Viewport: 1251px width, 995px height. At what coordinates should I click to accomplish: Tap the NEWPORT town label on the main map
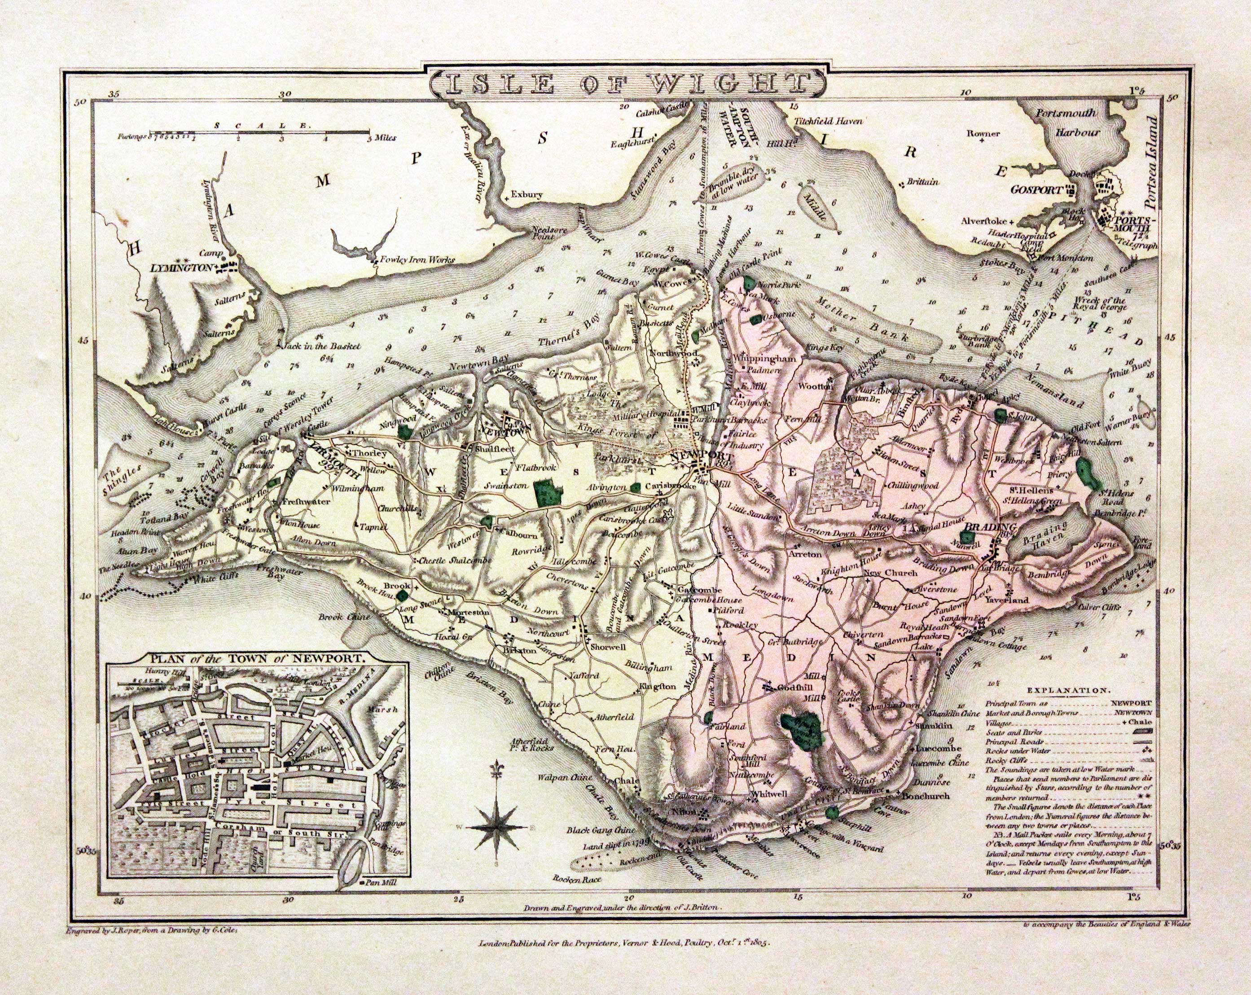pyautogui.click(x=694, y=456)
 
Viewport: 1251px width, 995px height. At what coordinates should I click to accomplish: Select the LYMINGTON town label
pyautogui.click(x=179, y=267)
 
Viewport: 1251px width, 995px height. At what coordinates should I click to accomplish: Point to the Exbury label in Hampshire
pyautogui.click(x=527, y=195)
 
